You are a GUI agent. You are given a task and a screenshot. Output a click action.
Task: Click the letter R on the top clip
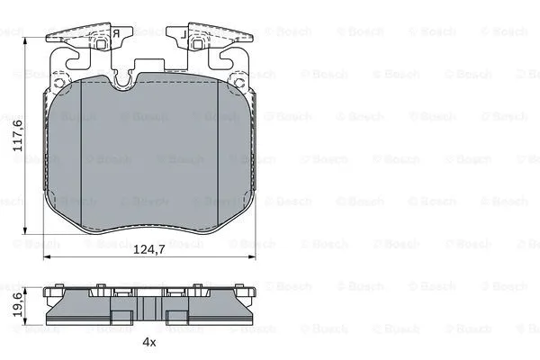(x=116, y=34)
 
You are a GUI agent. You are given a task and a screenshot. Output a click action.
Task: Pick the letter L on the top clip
(x=184, y=34)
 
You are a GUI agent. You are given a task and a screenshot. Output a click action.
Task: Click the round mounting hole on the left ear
(x=59, y=83)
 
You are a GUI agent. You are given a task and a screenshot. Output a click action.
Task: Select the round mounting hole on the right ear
(x=239, y=83)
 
